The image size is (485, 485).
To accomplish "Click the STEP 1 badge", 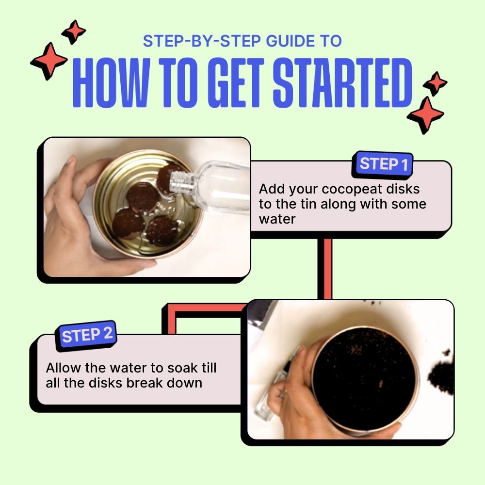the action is tap(382, 164).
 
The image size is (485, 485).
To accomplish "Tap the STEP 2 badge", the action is tap(86, 335).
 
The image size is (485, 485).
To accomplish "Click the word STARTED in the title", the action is tap(342, 82).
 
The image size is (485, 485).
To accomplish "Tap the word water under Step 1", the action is tap(277, 219).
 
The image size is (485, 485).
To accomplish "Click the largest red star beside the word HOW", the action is tap(49, 61).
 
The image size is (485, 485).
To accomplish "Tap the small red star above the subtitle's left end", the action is tap(74, 32).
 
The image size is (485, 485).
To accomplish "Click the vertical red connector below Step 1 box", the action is tap(325, 269).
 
